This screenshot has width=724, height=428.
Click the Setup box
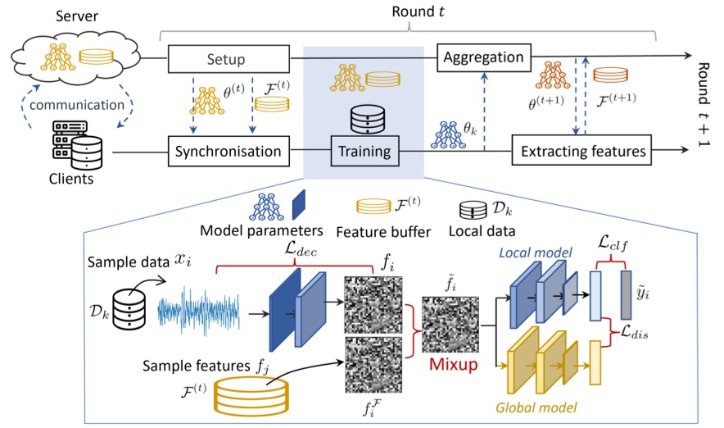pos(229,59)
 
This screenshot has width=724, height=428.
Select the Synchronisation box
pos(229,151)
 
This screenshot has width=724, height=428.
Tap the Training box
pos(364,151)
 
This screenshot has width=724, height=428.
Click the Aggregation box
pos(484,57)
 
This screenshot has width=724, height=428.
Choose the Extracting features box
pos(581,150)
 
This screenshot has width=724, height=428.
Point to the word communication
pos(77,105)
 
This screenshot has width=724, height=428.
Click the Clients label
pos(71,179)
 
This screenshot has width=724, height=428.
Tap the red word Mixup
pos(454,364)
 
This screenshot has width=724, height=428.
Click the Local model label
pos(535,253)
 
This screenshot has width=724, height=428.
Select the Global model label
pos(536,408)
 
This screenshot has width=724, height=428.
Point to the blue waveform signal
pos(198,311)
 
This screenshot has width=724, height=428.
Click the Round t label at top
pos(418,11)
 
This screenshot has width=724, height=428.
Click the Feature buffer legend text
pos(383,231)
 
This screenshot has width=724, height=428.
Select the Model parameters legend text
pos(261,230)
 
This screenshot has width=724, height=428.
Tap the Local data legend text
pos(482,230)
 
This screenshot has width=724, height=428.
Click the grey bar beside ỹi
pos(626,295)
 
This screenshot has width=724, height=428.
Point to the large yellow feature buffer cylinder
pos(251,396)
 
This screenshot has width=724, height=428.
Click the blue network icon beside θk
pos(448,135)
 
